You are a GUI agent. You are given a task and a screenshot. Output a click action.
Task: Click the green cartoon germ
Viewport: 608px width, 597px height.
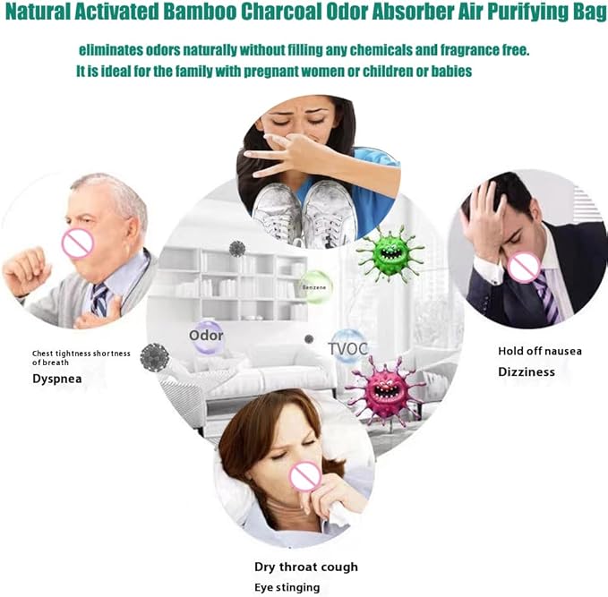point(390,254)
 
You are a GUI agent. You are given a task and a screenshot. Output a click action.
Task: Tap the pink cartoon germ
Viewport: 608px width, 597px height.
point(385,390)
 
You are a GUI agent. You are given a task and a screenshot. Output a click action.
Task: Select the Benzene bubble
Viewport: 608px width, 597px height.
point(315,287)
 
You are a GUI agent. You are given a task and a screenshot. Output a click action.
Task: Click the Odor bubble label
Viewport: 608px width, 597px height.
point(206,336)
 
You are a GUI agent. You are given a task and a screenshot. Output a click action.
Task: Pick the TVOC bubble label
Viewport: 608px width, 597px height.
point(348,349)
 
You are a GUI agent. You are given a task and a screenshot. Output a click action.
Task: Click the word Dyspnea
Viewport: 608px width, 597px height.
point(57,379)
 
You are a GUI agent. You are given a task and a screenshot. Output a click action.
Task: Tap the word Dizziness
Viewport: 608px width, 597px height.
point(527,372)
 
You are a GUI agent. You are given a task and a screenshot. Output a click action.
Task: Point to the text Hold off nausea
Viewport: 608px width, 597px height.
point(540,351)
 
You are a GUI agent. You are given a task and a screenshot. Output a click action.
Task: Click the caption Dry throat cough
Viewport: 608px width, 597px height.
point(306,567)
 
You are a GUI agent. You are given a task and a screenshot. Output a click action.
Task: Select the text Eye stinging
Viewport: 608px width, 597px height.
point(287,588)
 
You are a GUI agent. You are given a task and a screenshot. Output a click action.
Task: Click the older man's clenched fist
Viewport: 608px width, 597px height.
point(27,271)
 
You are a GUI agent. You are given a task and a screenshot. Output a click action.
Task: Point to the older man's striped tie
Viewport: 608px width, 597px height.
point(98,299)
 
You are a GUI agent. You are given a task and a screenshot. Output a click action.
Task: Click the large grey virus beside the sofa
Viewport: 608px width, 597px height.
point(155,357)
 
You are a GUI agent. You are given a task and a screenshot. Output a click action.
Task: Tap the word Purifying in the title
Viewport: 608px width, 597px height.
point(527,12)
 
